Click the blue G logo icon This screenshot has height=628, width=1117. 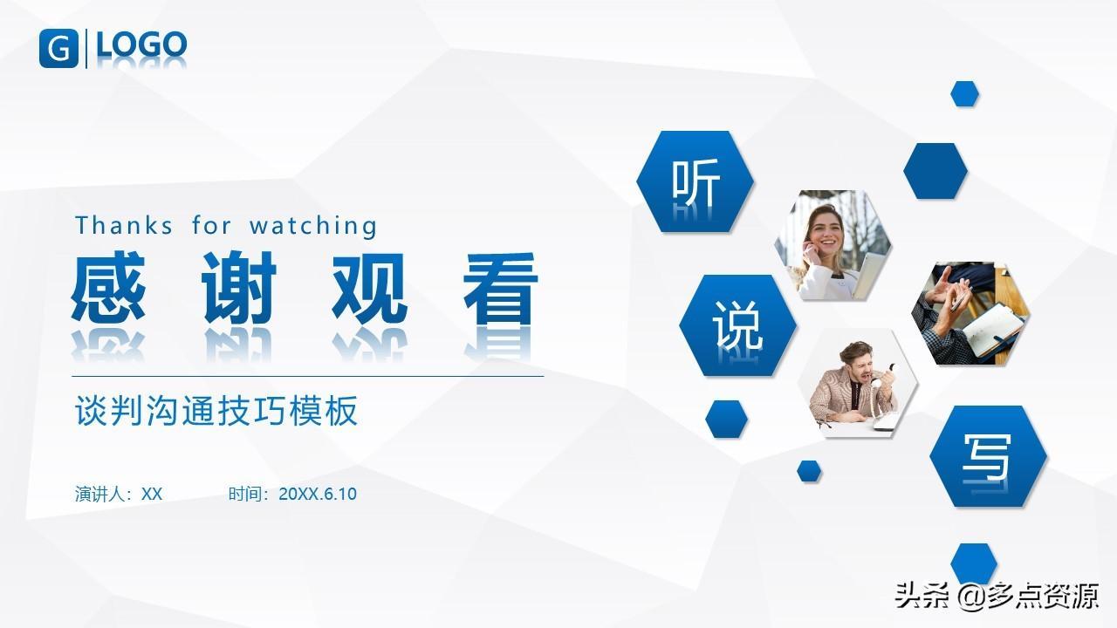pyautogui.click(x=58, y=48)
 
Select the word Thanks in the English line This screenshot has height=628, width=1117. pyautogui.click(x=124, y=225)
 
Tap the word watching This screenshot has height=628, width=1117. pyautogui.click(x=313, y=226)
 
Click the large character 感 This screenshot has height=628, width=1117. pyautogui.click(x=109, y=287)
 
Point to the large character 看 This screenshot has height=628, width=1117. pyautogui.click(x=500, y=288)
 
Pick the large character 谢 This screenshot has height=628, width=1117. pyautogui.click(x=239, y=287)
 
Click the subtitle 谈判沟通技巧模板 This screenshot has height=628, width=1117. pyautogui.click(x=216, y=411)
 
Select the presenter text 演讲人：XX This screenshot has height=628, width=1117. pyautogui.click(x=119, y=494)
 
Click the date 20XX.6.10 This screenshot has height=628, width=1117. pyautogui.click(x=318, y=494)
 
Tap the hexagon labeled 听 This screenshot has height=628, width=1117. pyautogui.click(x=696, y=181)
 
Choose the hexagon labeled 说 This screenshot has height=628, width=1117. pyautogui.click(x=737, y=325)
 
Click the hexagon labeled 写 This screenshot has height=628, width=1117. pyautogui.click(x=988, y=456)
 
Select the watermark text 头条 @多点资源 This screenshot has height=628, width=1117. pyautogui.click(x=997, y=596)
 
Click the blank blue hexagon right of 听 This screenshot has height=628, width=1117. pyautogui.click(x=935, y=171)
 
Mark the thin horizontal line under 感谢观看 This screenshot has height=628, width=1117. pyautogui.click(x=308, y=376)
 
